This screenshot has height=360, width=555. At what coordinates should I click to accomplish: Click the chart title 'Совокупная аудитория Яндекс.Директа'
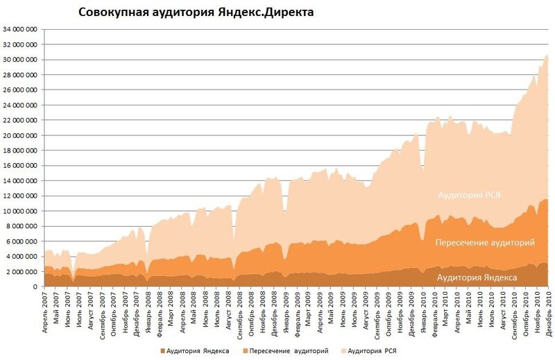point(196,12)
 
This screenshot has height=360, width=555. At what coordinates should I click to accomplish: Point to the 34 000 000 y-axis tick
point(20,30)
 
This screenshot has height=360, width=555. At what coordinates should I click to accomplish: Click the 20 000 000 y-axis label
point(20,135)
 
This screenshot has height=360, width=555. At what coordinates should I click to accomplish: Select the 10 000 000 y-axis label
point(20,211)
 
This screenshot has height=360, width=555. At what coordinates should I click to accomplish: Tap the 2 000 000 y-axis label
point(22,271)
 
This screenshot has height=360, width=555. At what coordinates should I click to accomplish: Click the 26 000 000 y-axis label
point(20,90)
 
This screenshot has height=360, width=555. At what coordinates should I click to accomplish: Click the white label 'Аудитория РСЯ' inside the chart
point(469,196)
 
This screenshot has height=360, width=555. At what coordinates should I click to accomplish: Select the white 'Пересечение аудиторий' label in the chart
point(485,243)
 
